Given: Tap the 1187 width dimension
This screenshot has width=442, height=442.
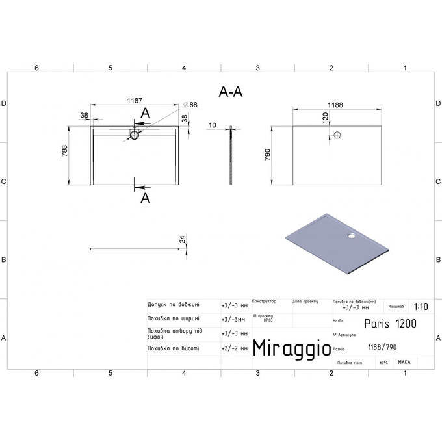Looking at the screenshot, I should tap(135, 101).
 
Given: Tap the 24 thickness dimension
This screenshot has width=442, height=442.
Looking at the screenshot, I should tap(184, 240).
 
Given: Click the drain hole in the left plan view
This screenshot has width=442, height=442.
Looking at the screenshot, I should tap(135, 135).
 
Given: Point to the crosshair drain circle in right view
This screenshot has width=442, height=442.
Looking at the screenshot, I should tap(337, 135).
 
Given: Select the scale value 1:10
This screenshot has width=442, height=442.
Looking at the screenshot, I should tap(421, 305).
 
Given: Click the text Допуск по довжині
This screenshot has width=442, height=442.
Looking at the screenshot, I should tap(174, 304).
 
